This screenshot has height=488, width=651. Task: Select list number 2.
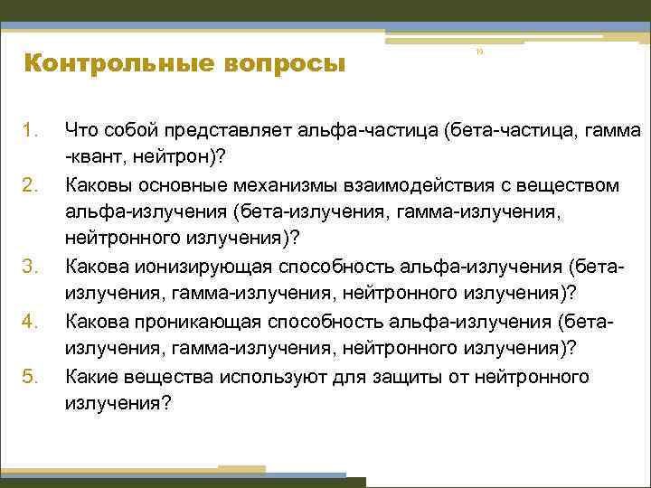[31, 185]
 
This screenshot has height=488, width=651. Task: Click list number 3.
[31, 267]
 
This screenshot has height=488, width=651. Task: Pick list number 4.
[31, 321]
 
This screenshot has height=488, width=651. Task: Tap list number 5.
[31, 375]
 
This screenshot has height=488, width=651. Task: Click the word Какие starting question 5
[92, 375]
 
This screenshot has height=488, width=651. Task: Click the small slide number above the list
[480, 52]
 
